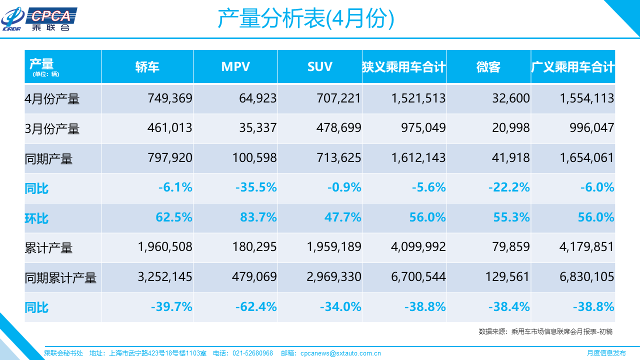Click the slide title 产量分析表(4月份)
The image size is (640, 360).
[305, 19]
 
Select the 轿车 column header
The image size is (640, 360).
[147, 67]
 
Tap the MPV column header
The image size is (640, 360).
[235, 67]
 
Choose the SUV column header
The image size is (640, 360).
[320, 67]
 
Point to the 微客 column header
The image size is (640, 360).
[488, 67]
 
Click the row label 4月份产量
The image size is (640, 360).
[52, 99]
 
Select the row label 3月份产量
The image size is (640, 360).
[52, 129]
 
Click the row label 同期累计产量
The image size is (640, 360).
[60, 278]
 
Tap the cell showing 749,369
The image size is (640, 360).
[170, 98]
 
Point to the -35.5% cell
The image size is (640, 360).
[256, 187]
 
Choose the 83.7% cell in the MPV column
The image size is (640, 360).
[258, 217]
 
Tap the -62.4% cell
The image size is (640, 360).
[256, 306]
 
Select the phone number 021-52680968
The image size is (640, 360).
[253, 353]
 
